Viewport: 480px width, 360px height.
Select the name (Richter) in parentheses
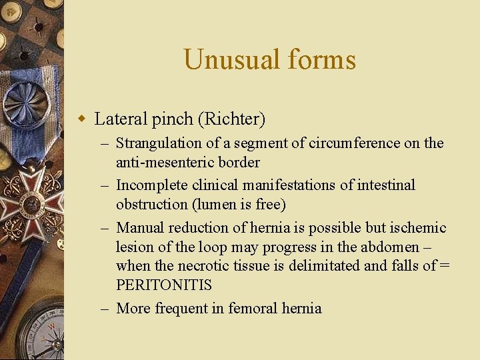pyautogui.click(x=231, y=120)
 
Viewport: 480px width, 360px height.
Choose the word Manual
pyautogui.click(x=138, y=228)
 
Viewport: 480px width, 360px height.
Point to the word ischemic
pyautogui.click(x=420, y=228)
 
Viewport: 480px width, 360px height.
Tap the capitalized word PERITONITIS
pyautogui.click(x=164, y=285)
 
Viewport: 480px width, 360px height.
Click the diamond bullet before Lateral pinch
pyautogui.click(x=83, y=120)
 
